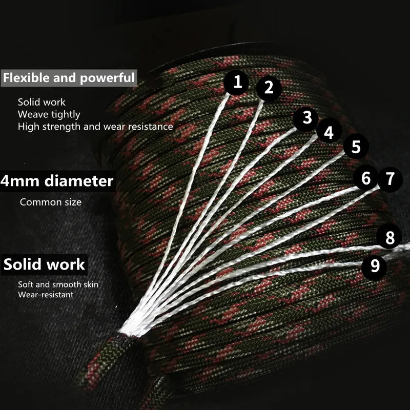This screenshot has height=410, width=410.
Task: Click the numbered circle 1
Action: pos(237,83)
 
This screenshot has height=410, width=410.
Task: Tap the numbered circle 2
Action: pos(269,88)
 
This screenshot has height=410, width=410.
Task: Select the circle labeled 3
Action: pos(306,117)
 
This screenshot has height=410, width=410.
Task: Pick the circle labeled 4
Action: pos(329,132)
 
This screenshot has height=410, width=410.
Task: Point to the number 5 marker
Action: pos(356,147)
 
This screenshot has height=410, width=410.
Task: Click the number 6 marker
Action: pos(366,179)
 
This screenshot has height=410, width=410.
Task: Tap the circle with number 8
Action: pos(390,237)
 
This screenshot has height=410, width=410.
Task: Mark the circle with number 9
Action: pos(375,265)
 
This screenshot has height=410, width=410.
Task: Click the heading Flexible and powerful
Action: pos(69,78)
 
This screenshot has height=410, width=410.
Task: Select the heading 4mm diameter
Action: pos(57,181)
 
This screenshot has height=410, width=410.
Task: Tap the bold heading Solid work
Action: pos(44,265)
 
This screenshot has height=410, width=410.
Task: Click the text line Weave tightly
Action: pos(49,114)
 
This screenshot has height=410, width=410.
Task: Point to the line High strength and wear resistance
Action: pos(95,126)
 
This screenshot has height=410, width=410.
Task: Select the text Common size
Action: pos(51,202)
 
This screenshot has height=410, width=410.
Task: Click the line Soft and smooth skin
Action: pos(58,284)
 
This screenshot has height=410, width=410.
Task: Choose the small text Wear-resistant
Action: pos(45,295)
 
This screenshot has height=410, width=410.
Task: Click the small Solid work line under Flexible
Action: pos(42,102)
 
